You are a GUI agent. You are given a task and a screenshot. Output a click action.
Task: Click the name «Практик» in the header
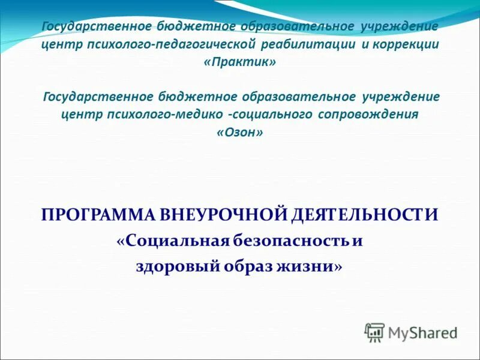[240, 63]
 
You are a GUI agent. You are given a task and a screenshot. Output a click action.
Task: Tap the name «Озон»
[239, 133]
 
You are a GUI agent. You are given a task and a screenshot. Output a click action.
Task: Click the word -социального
[270, 115]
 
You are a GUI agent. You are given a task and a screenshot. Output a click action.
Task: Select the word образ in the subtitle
[247, 266]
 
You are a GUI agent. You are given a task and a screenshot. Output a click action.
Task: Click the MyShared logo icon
[375, 332]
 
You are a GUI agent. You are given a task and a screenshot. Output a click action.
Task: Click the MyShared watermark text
[422, 332]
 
